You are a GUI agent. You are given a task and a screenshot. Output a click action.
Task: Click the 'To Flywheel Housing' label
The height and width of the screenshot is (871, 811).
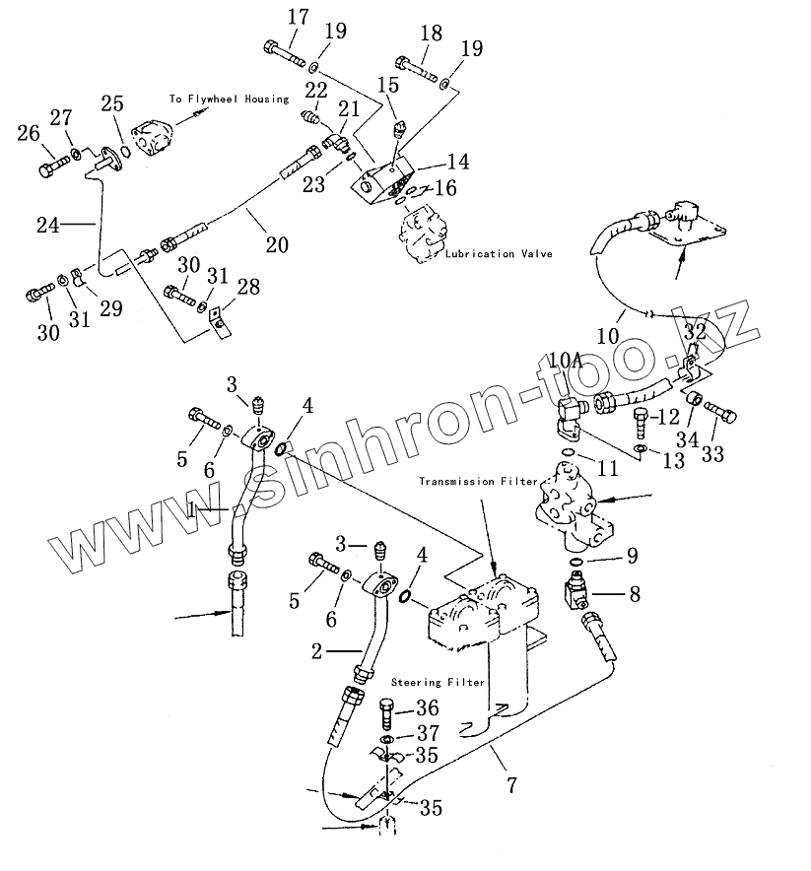[x=228, y=99]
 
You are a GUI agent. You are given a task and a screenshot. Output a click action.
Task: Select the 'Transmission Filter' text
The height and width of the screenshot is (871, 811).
[x=478, y=482]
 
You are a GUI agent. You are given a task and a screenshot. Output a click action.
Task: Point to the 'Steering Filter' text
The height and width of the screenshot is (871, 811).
[x=438, y=682]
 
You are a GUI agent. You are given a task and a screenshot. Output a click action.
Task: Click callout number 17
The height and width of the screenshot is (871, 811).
[x=298, y=17]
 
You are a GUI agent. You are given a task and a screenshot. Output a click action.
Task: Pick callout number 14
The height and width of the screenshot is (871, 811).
[x=457, y=163]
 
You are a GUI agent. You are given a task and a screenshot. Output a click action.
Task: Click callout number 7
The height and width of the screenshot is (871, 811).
[x=511, y=785]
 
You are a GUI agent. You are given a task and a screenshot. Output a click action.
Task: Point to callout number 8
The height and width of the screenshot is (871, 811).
[x=634, y=594]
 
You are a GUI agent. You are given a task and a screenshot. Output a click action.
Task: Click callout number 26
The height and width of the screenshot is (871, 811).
[x=29, y=134]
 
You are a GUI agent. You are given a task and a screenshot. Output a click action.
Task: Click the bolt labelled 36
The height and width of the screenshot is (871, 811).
[x=387, y=710]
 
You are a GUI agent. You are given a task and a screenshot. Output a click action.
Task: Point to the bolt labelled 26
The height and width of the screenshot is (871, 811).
[x=49, y=170]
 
